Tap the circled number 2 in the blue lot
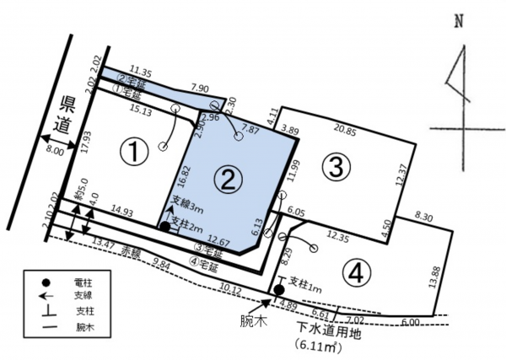coord(226,178)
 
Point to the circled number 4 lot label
coord(357,271)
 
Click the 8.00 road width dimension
coord(52,153)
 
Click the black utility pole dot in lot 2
coord(164,226)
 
